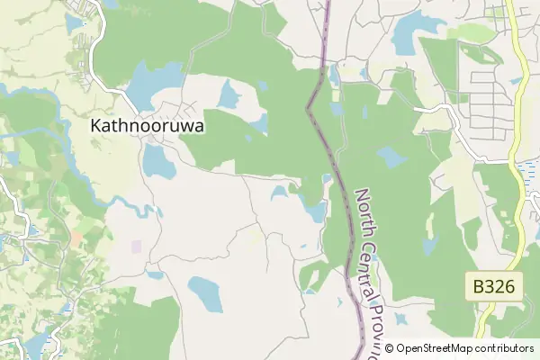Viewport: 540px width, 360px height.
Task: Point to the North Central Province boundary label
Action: coord(371,270)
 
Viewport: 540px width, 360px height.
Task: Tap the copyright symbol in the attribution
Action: coord(390,348)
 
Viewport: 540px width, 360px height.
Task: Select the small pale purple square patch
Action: coord(137,246)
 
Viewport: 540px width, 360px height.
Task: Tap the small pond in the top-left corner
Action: coord(74,24)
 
